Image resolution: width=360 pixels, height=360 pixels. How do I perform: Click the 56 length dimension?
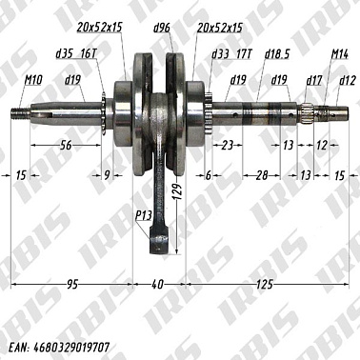coord(66,145)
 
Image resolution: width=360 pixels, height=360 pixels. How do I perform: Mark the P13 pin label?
coord(145,216)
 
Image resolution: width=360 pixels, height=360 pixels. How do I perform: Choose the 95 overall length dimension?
coord(70,285)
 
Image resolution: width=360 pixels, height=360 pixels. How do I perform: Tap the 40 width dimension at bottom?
coord(158,285)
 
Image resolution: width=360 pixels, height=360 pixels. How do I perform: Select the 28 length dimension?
coord(261,174)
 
